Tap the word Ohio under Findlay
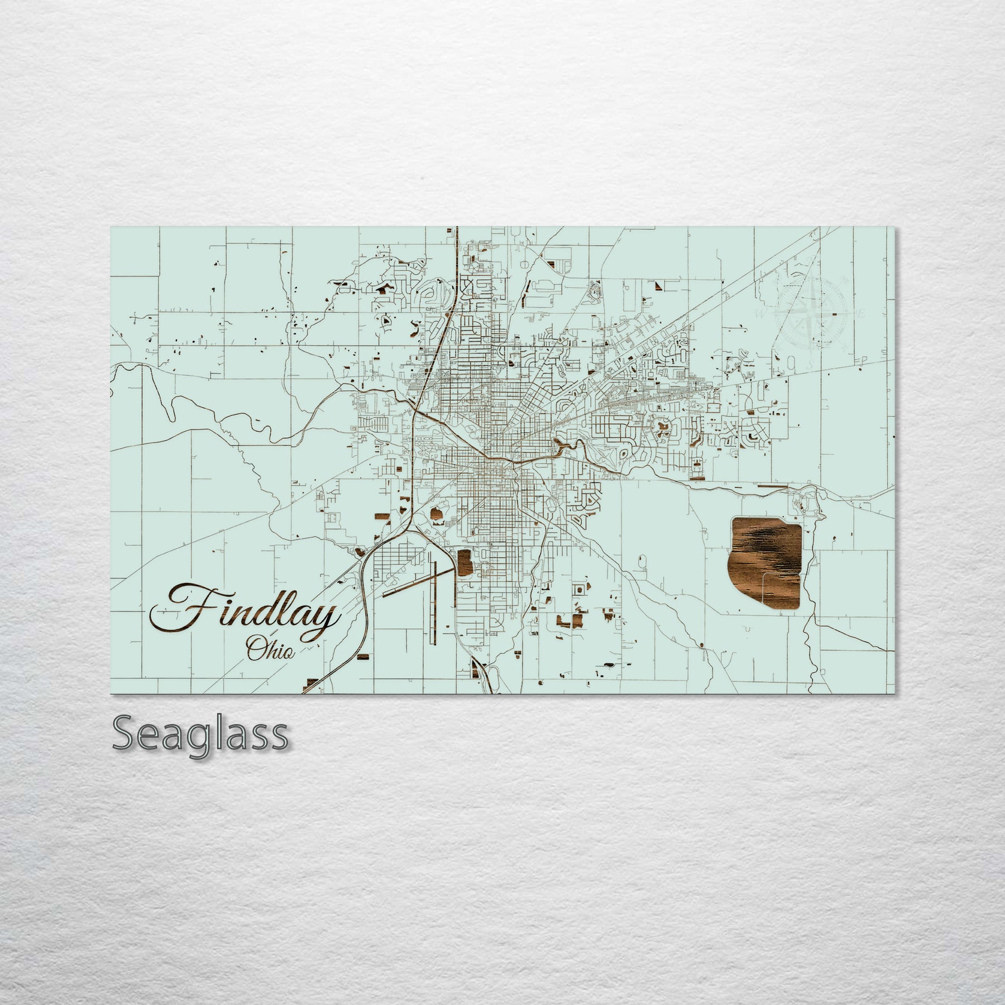pyautogui.click(x=270, y=650)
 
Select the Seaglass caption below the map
pyautogui.click(x=200, y=736)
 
